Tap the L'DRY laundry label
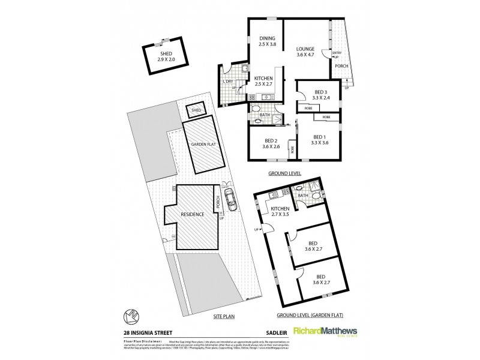[228, 83]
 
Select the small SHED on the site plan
[196, 110]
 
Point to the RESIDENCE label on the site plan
[190, 214]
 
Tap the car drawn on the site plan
[230, 196]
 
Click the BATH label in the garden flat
[302, 195]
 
